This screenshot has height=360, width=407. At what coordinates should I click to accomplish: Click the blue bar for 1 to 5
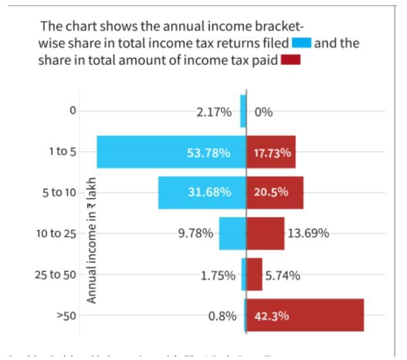[145, 152]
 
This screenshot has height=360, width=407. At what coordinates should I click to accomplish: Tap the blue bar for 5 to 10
[174, 192]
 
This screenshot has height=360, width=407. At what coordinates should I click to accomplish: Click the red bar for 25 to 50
[255, 274]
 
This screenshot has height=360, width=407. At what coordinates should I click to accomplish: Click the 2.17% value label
[214, 112]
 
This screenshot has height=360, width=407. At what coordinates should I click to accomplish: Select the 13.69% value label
[309, 234]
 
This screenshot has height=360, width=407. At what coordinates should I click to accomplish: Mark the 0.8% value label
[222, 317]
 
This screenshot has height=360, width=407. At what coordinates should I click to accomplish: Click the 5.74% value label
[283, 275]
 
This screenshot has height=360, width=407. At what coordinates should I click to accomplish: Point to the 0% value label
[263, 112]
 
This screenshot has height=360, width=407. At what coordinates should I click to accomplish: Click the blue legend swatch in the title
[302, 43]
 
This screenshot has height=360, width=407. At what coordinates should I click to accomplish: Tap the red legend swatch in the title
[290, 60]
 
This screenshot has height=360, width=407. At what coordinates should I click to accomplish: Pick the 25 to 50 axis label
[56, 275]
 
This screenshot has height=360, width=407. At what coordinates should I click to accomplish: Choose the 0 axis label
[72, 111]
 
